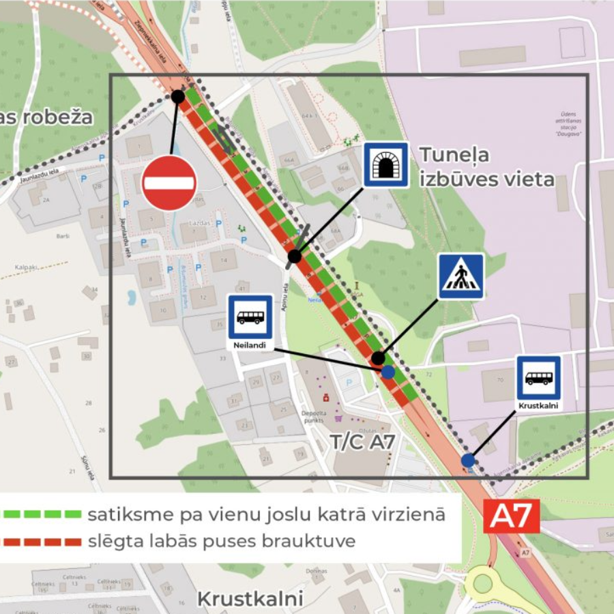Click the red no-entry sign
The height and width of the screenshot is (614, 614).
[169, 183]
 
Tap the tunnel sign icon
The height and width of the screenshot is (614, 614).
[386, 164]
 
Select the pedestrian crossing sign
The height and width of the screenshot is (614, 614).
[461, 276]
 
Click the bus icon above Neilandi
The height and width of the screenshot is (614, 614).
[250, 317]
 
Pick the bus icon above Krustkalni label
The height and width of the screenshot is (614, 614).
[539, 377]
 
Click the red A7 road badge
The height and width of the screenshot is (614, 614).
[512, 516]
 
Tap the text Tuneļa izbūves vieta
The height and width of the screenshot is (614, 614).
[486, 168]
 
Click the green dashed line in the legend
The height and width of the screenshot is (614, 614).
[42, 514]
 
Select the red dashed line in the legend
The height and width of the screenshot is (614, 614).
[42, 542]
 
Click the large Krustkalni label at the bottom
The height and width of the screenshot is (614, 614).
[250, 599]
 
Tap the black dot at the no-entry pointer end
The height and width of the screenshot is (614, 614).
[178, 97]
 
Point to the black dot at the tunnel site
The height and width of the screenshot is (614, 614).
[294, 257]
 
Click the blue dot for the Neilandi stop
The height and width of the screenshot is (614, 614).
[388, 372]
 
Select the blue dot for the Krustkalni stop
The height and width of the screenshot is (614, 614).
[468, 460]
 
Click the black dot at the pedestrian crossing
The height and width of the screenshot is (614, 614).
[378, 358]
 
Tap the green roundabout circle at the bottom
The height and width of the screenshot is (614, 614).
[483, 583]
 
